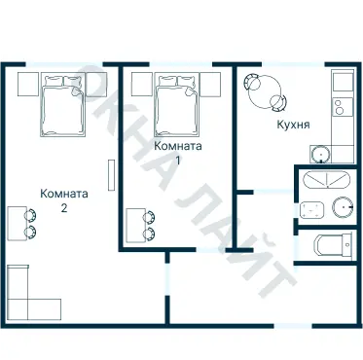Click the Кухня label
tap(293, 125)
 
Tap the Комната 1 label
tap(178, 153)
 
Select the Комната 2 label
tap(64, 200)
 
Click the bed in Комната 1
tap(177, 104)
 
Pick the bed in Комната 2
tap(63, 104)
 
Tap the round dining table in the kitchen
tap(265, 92)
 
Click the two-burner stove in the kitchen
tap(343, 107)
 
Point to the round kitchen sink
tap(320, 155)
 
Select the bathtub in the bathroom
tap(327, 179)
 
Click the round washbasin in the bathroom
tap(343, 207)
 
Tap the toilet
tap(333, 244)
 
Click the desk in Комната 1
tap(135, 225)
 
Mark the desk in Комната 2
tap(18, 224)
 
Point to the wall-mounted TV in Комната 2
tap(111, 175)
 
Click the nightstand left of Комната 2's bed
tap(28, 84)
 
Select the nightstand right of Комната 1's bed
tap(210, 84)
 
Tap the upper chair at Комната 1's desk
tap(150, 217)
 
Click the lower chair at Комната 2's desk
tap(30, 233)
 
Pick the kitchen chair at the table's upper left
tap(252, 82)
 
